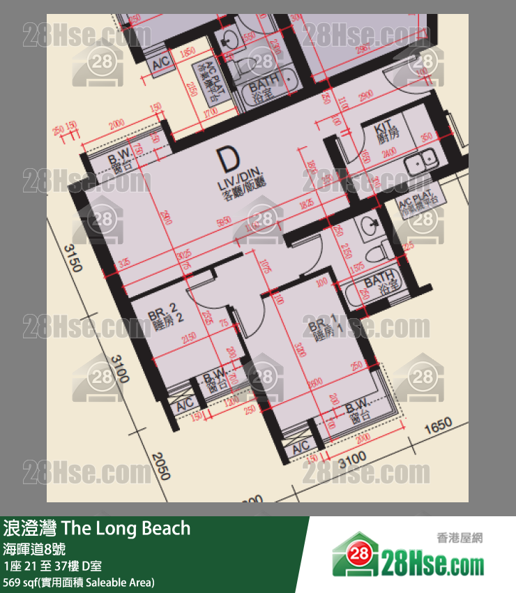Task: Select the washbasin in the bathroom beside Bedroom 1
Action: tap(370, 224)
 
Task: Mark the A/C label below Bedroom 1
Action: tap(301, 447)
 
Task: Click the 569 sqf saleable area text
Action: tap(78, 582)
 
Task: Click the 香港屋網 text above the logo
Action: tap(460, 538)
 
